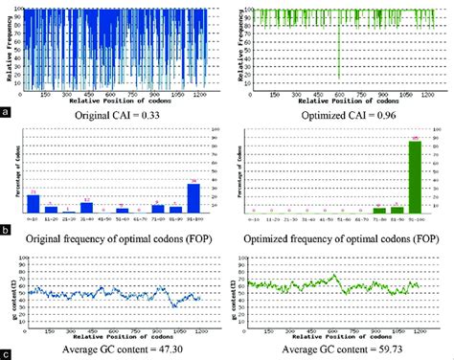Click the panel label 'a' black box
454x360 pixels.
pyautogui.click(x=6, y=112)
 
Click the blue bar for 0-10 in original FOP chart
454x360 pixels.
pyautogui.click(x=34, y=202)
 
